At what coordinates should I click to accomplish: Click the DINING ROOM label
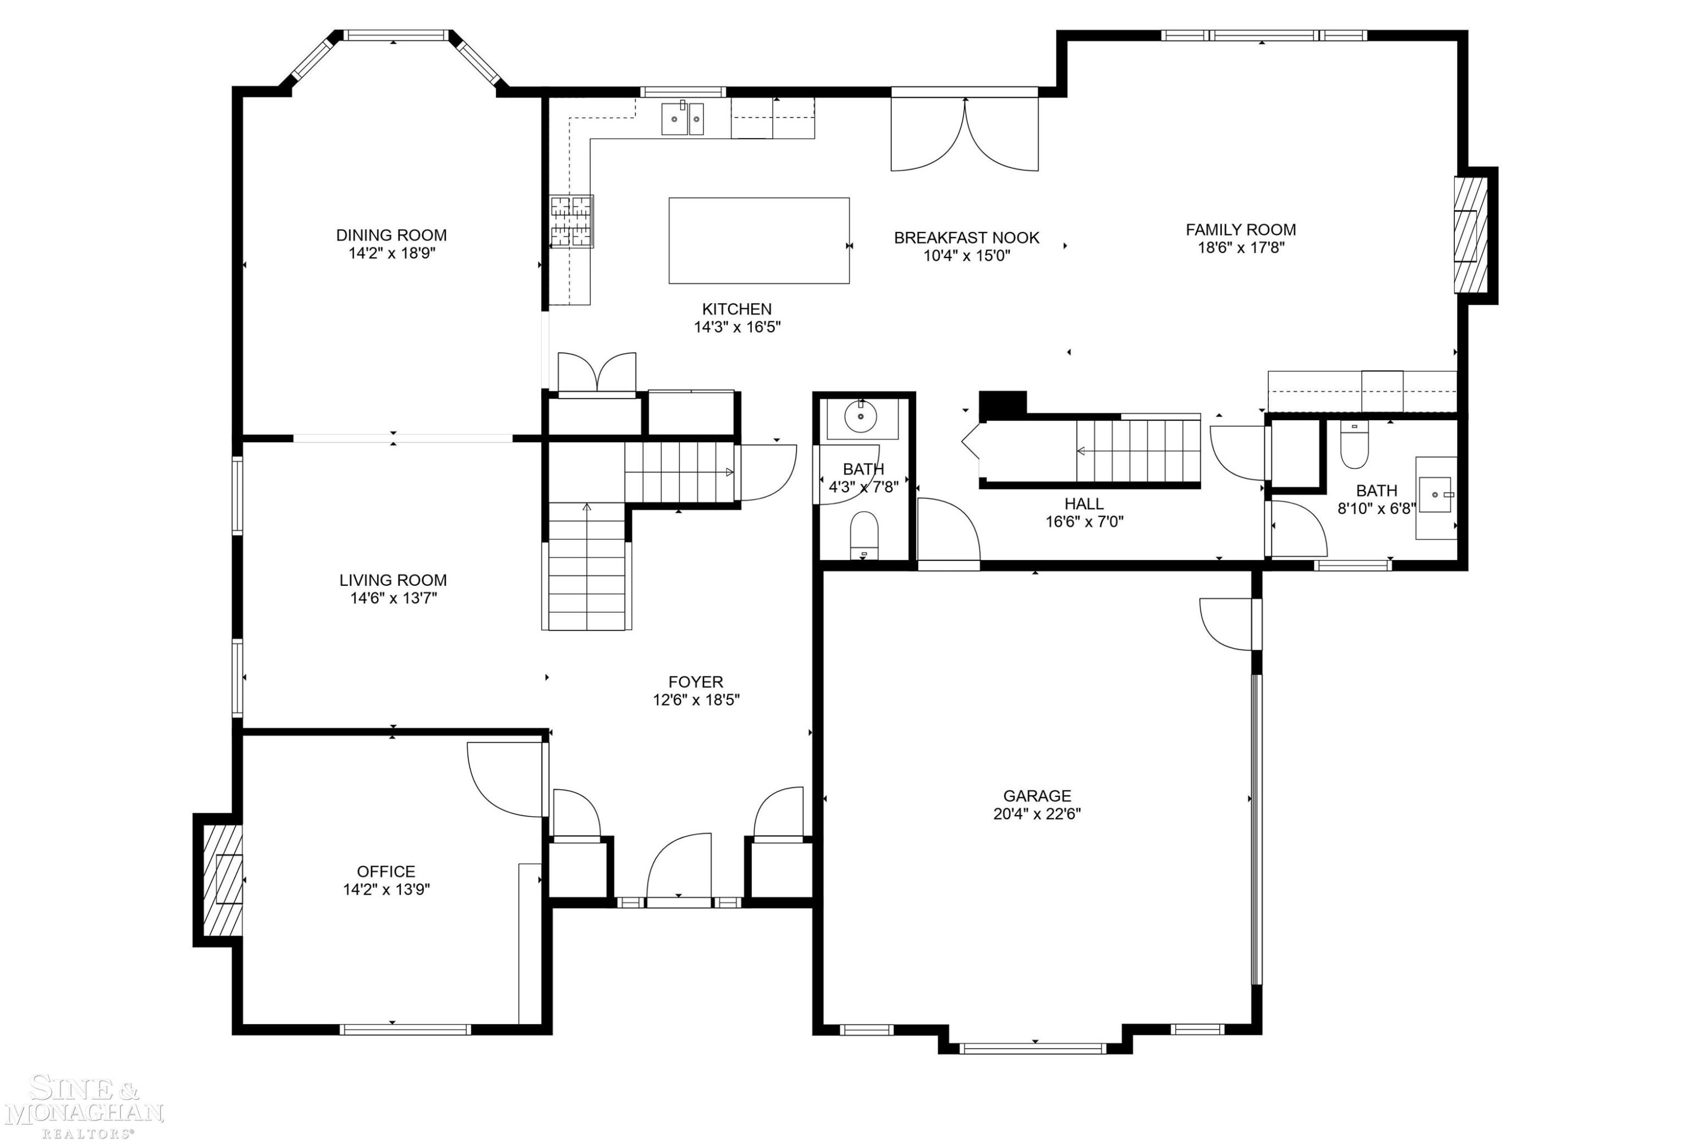pos(391,235)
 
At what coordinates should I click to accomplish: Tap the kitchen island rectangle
pos(759,240)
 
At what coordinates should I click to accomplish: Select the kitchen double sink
pos(683,118)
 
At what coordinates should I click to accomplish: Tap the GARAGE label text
pos(1037,796)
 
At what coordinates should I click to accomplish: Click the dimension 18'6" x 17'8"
pos(1241,247)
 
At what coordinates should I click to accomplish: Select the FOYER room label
pos(696,682)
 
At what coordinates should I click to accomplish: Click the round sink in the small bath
pos(861,417)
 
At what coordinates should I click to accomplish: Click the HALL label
pos(1084,503)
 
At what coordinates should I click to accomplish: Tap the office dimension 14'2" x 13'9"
pos(386,889)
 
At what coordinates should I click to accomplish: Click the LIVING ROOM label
pos(393,580)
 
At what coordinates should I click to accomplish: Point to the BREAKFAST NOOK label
pos(966,237)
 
